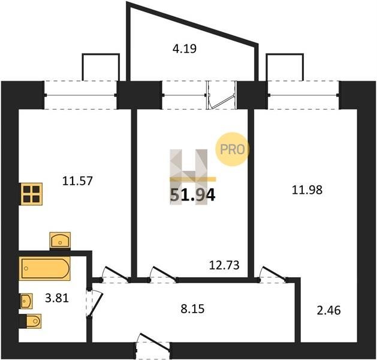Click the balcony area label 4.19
click(x=185, y=49)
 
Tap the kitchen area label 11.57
click(x=77, y=181)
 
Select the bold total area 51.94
click(x=192, y=195)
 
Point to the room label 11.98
click(x=307, y=190)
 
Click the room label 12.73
click(x=224, y=265)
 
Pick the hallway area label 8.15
click(x=192, y=309)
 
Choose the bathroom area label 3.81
click(x=57, y=298)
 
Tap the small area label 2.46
click(x=328, y=310)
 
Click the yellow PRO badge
click(x=233, y=149)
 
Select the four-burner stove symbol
click(x=31, y=194)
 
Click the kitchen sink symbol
click(x=60, y=240)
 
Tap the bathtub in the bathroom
click(x=45, y=269)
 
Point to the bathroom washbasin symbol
click(x=26, y=301)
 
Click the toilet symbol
click(x=31, y=321)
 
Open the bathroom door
click(x=94, y=303)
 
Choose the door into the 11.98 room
click(x=273, y=274)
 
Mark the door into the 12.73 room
click(x=164, y=274)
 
